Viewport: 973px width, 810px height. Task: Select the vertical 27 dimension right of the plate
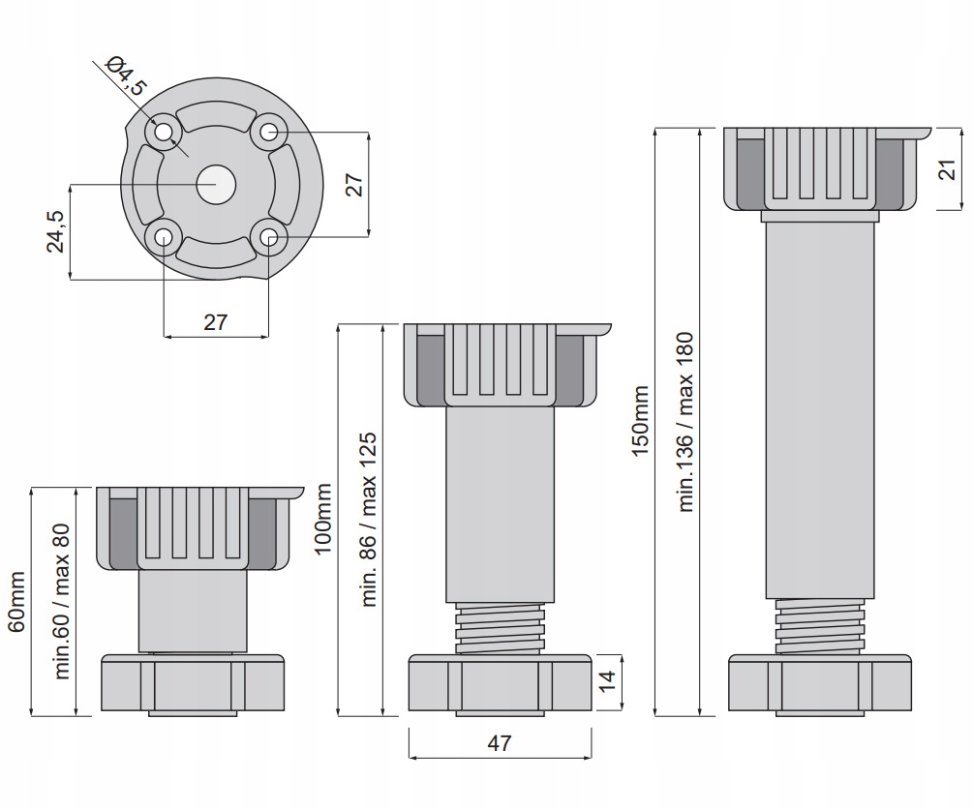[353, 184]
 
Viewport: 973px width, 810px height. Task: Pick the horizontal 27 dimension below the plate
[215, 322]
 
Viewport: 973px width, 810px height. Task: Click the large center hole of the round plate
[215, 184]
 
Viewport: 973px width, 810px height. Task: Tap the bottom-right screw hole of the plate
[268, 236]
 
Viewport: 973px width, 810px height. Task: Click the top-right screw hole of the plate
[268, 132]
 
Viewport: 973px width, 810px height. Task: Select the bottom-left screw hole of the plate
[163, 236]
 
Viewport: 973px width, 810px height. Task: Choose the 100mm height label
[322, 520]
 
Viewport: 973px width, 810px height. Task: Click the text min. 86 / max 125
[368, 520]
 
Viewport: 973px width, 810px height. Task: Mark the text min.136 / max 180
[686, 423]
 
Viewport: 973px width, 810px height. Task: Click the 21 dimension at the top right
[948, 168]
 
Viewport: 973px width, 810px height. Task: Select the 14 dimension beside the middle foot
[607, 680]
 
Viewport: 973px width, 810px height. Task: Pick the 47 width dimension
[499, 743]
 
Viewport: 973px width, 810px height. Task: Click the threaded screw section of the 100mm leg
[500, 629]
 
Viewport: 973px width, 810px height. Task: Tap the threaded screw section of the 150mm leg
[819, 626]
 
